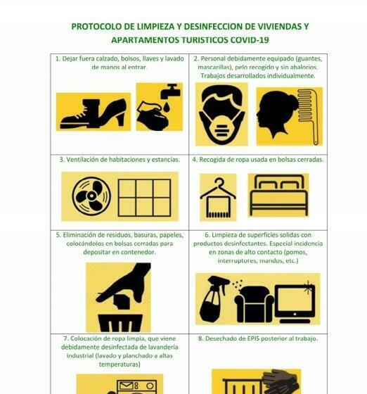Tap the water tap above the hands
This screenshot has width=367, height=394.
170,91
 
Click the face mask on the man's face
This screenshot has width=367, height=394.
221,127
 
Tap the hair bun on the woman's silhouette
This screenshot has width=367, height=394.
293,101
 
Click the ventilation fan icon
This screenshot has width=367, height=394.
91,196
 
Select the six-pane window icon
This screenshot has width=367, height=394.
144,198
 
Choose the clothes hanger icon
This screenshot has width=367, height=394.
218,198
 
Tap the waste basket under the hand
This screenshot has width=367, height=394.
120,323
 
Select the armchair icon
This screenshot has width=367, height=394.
254,305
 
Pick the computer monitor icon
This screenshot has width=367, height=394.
295,303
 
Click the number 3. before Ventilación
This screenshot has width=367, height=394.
62,160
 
